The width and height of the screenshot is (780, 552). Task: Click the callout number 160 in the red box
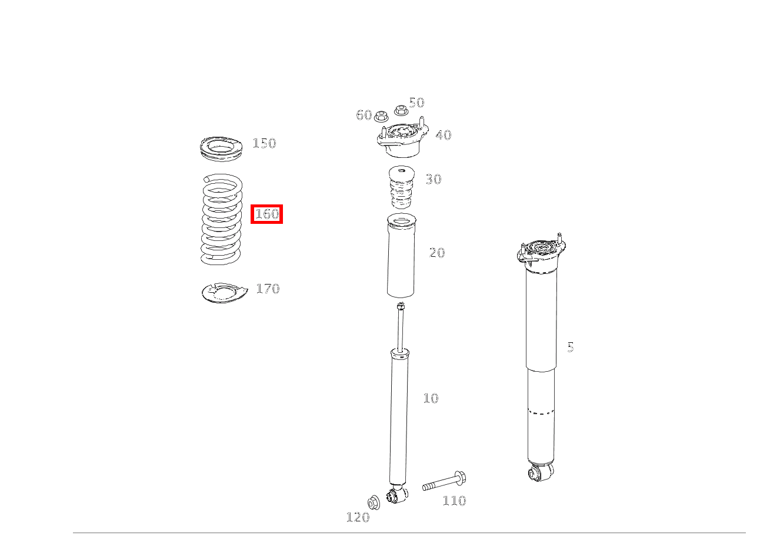pyautogui.click(x=267, y=214)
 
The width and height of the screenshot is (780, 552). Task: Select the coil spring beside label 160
pyautogui.click(x=221, y=219)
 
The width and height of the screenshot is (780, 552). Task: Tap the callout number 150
pyautogui.click(x=264, y=143)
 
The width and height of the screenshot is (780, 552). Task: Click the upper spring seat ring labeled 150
pyautogui.click(x=221, y=148)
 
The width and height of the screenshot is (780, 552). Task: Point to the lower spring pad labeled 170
pyautogui.click(x=224, y=292)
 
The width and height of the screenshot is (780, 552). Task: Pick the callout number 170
pyautogui.click(x=268, y=289)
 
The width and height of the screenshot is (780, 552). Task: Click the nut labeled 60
pyautogui.click(x=380, y=115)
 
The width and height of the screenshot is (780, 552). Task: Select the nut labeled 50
pyautogui.click(x=401, y=111)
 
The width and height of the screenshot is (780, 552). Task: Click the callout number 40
pyautogui.click(x=443, y=135)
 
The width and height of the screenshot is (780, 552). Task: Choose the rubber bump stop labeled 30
pyautogui.click(x=401, y=187)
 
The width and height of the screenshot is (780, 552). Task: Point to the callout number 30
pyautogui.click(x=433, y=179)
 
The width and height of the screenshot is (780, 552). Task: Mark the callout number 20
pyautogui.click(x=437, y=253)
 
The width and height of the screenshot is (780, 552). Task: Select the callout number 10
pyautogui.click(x=431, y=398)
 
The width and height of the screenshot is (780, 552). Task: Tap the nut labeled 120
pyautogui.click(x=373, y=503)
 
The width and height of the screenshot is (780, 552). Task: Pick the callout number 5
pyautogui.click(x=570, y=348)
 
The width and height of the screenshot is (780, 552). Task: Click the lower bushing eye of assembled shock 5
pyautogui.click(x=539, y=472)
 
